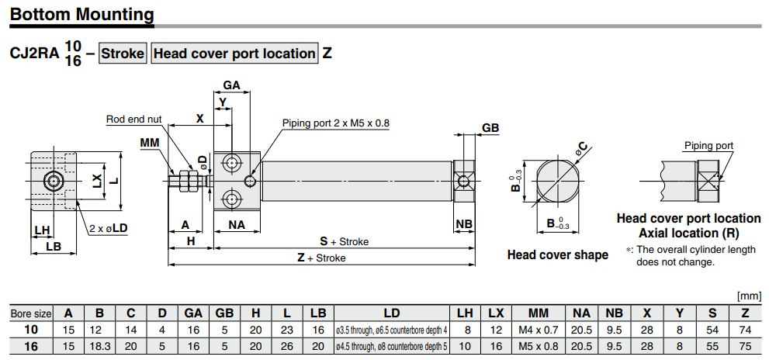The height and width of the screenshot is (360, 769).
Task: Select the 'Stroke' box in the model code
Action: pos(123,54)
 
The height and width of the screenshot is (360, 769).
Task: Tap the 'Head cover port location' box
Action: pos(234,54)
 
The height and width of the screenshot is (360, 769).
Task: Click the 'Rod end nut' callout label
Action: pos(133,119)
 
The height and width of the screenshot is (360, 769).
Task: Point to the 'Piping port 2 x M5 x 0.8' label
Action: pos(335,123)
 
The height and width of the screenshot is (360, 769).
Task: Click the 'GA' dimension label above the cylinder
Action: pos(231,85)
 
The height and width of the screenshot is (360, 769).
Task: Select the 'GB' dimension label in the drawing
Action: pos(490,128)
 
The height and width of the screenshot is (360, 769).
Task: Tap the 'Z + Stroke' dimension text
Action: pos(321,258)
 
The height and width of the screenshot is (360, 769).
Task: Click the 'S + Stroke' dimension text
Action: pos(345,241)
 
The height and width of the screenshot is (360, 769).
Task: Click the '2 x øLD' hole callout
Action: pos(109,229)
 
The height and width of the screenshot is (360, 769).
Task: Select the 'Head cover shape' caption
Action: pos(557,254)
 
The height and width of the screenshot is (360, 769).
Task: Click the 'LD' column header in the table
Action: pos(391,313)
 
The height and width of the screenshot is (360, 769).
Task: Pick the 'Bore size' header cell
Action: pos(31,313)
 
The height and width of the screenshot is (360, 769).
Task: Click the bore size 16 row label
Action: pos(31,344)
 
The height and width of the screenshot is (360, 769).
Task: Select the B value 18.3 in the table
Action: pos(99,344)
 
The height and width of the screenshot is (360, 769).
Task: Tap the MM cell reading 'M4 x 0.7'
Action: pos(538,329)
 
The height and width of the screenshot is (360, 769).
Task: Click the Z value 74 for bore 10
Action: pos(745,329)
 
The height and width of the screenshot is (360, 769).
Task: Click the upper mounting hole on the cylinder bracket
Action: pos(231,163)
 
